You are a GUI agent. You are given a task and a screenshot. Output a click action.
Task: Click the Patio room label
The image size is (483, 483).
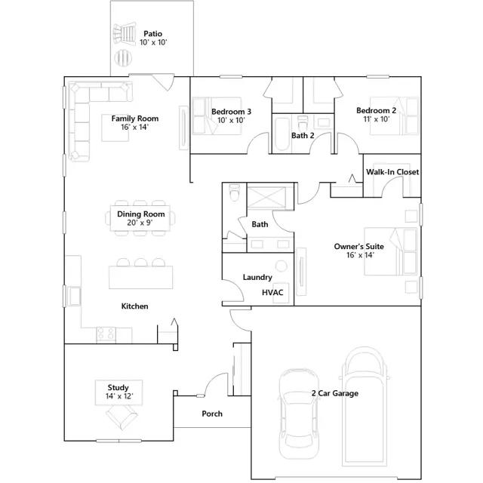tap(152, 33)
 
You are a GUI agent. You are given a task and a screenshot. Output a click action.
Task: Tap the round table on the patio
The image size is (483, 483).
tap(123, 57)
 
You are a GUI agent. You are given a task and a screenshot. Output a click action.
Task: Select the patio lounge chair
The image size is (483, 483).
tap(124, 34)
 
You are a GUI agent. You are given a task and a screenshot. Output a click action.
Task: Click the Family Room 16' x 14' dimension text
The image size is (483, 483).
tap(135, 128)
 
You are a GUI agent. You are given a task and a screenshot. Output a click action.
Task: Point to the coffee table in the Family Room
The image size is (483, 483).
tap(115, 128)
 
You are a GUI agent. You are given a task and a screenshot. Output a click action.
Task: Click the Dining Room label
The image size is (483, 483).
tap(141, 214)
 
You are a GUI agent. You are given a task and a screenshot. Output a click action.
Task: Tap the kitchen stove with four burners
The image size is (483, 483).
tap(106, 335)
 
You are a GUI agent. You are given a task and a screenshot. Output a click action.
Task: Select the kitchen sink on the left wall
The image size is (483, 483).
tap(74, 297)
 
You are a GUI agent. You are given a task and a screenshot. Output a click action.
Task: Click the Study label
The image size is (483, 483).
tap(118, 387)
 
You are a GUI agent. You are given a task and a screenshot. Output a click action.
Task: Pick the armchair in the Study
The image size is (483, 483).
tap(122, 417)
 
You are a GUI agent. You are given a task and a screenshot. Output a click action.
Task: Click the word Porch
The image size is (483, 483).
tap(212, 414)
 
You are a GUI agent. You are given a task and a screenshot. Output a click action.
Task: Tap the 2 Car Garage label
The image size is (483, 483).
tap(335, 393)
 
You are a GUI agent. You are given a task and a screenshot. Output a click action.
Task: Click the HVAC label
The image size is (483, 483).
tap(272, 292)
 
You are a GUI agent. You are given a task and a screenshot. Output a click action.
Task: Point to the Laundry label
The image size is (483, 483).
tap(257, 277)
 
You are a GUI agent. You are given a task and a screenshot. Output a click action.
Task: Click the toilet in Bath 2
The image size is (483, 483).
tap(303, 122)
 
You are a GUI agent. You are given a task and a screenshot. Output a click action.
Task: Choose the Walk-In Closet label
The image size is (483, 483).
tap(392, 172)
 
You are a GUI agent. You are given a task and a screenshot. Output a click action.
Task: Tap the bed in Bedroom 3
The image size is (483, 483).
tap(217, 115)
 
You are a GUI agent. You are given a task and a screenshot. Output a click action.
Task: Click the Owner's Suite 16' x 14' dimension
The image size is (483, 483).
tap(360, 255)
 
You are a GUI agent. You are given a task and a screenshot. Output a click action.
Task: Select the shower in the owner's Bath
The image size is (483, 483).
tap(266, 198)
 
